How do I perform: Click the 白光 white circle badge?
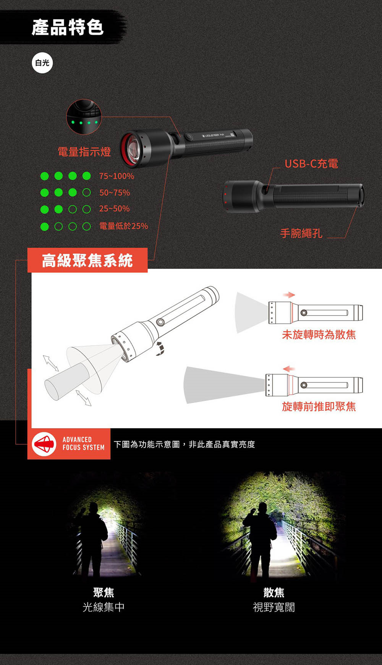(42, 63)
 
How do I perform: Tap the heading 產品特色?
(68, 28)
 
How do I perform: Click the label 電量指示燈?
(84, 152)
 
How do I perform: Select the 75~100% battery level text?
(117, 176)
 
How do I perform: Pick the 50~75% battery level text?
(115, 193)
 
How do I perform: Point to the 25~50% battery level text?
(114, 209)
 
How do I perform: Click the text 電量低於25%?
(123, 226)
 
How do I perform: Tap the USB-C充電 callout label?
(311, 164)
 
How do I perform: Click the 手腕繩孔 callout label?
(301, 233)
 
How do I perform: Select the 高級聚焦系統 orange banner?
(87, 260)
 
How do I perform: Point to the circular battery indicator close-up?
(84, 117)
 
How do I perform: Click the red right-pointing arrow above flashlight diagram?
(289, 295)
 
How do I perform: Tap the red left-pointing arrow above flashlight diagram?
(289, 369)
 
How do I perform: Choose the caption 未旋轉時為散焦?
(319, 335)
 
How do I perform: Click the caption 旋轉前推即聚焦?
(319, 406)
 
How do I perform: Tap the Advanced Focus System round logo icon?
(44, 444)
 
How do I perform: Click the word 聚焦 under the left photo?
(104, 592)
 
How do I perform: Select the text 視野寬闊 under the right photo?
(274, 607)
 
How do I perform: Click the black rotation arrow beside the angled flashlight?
(160, 349)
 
